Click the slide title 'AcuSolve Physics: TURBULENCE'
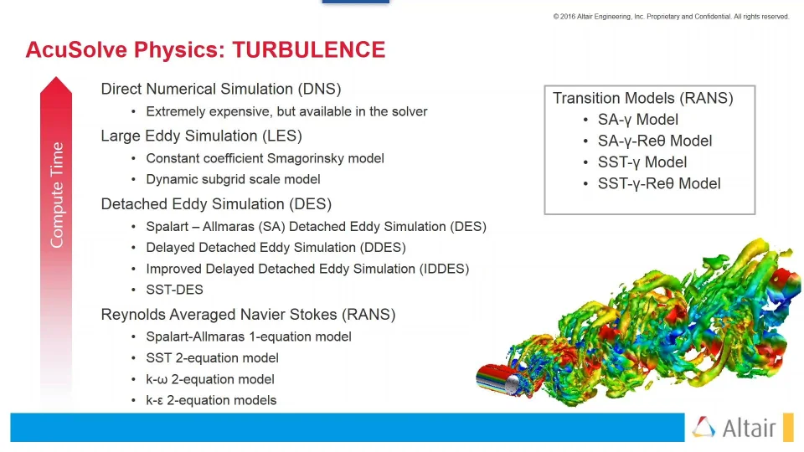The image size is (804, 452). pos(205,50)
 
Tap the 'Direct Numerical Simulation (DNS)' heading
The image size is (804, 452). pos(220,90)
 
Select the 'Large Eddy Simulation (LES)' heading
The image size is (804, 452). pos(201,136)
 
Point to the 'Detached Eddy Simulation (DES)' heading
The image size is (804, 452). pos(216,204)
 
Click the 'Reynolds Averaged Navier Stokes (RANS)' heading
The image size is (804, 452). pos(248,315)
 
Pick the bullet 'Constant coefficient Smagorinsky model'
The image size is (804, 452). pos(265,158)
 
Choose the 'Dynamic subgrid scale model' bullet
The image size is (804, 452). pos(233,179)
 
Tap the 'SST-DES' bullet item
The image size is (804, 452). pos(174,290)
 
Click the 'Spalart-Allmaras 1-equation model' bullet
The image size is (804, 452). pos(248,336)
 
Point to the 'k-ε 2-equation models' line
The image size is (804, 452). pos(211,400)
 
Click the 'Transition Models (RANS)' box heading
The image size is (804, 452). pos(642,98)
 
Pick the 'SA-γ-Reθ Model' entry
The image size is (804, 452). pos(655,141)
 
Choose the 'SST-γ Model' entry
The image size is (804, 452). pos(642,162)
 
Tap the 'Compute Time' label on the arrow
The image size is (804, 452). pos(57,195)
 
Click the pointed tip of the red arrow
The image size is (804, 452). pos(56,80)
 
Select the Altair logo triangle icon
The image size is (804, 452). pos(704,428)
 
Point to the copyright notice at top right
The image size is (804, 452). pos(670,17)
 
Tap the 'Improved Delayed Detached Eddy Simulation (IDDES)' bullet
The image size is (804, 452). pos(307,269)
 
